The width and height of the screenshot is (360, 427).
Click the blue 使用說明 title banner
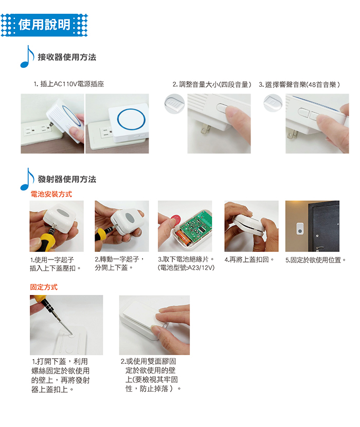coord(44,25)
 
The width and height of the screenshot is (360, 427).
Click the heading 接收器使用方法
coord(67,57)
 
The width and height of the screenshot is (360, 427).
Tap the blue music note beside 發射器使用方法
coord(27,179)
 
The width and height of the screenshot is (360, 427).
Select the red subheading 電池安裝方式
coord(51,194)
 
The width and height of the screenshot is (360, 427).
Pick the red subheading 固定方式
coord(44,287)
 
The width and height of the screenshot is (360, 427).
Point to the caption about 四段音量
coord(212,84)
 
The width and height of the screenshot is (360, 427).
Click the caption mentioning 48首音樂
coord(299,84)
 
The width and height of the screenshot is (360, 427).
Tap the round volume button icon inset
coord(174,104)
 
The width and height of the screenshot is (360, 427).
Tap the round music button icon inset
coord(273,103)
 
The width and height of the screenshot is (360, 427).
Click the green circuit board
coord(194,226)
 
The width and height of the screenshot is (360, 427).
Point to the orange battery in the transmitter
coord(184,238)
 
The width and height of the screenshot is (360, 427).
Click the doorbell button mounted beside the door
coord(300,229)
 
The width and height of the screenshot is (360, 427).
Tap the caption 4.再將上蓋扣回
coord(249,259)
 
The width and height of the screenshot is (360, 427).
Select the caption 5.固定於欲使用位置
coord(316,260)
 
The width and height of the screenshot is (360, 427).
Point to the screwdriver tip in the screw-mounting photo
coord(71,334)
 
